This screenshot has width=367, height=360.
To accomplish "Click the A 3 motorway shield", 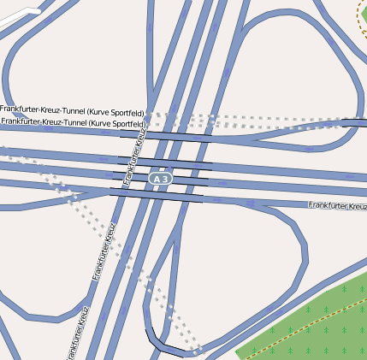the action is [160, 179].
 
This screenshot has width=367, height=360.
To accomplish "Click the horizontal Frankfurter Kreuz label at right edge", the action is [338, 205].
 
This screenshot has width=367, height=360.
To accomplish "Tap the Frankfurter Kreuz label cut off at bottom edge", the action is [76, 333].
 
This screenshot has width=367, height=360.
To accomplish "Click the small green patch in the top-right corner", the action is [362, 11].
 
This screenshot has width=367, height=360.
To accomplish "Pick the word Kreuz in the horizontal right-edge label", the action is [353, 205].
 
